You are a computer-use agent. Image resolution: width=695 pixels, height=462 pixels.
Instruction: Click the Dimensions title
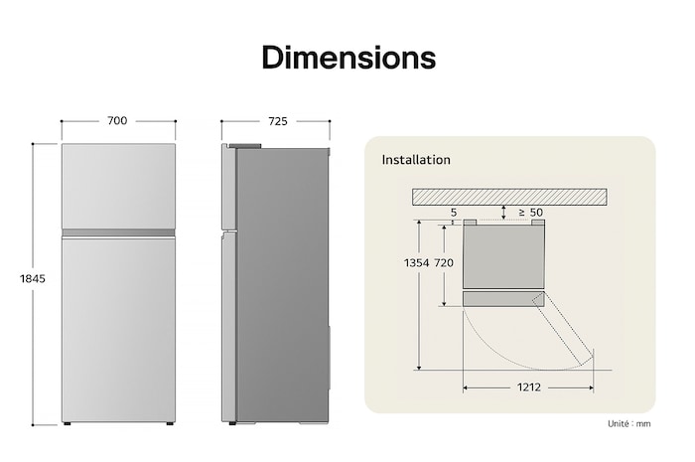tap(347, 58)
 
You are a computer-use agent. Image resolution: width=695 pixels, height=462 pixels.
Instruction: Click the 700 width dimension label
tap(117, 121)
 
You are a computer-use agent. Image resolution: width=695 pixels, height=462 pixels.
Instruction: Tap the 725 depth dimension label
tap(277, 121)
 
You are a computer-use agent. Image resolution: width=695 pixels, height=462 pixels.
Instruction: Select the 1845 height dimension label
tap(33, 279)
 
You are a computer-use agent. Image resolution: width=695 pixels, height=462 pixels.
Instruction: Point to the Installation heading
tap(416, 160)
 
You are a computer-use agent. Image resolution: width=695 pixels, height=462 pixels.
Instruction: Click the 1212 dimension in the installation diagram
tap(528, 387)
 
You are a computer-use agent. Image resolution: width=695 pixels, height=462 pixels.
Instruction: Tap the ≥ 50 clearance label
tap(530, 213)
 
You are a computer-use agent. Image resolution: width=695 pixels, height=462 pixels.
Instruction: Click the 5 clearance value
tap(453, 213)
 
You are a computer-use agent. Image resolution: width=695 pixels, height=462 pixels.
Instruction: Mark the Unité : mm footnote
tap(630, 424)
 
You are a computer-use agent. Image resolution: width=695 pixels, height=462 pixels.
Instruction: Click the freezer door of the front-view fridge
tap(118, 186)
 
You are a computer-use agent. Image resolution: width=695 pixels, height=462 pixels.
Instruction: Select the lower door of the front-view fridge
tap(118, 328)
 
